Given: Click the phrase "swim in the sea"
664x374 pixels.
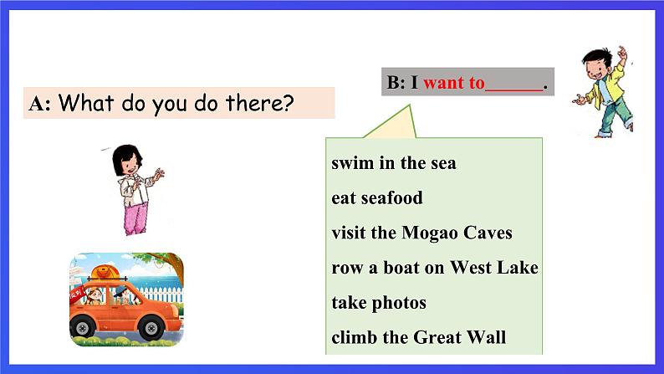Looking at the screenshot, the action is coord(393,163).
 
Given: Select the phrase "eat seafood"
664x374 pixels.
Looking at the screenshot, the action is coord(377,197).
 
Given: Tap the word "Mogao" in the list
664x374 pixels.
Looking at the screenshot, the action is coord(429,233).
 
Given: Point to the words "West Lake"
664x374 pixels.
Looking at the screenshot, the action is coord(493,267).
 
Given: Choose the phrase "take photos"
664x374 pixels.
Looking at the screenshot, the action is coord(379,303).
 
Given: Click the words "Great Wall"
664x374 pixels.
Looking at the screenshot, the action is coord(459,337).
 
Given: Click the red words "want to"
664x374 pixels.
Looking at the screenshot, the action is coord(453,82).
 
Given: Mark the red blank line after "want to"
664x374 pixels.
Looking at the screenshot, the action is coord(513,90).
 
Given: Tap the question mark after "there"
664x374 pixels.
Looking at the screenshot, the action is coord(288,103).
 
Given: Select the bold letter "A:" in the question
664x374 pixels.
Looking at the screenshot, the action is coord(39,104).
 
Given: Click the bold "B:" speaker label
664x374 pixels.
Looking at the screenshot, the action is coord(396,82).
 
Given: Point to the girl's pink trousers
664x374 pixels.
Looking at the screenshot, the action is coord(136,218).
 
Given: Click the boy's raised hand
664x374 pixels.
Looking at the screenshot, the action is coord(621,53).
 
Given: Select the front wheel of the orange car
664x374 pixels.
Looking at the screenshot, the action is coord(151,327).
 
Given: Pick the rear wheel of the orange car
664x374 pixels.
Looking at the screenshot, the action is coord(82,326).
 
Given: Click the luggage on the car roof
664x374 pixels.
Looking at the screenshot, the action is coord(105,271).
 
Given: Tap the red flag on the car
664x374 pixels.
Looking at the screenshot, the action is coord(78,294).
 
